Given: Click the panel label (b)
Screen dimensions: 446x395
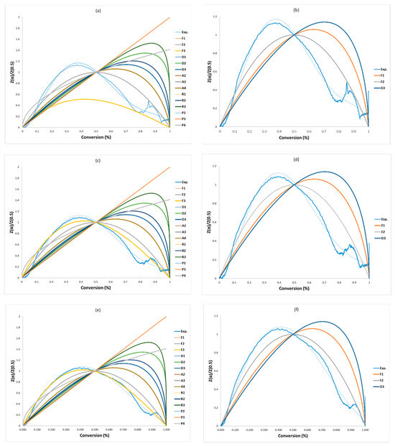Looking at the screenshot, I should pos(294,9).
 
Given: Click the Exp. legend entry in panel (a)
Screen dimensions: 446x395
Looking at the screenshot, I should pos(185,33).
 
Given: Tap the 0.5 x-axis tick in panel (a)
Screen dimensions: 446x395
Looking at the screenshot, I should pos(96,132).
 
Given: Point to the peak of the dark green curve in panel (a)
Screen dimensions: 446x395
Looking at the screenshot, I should pos(152,43).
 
